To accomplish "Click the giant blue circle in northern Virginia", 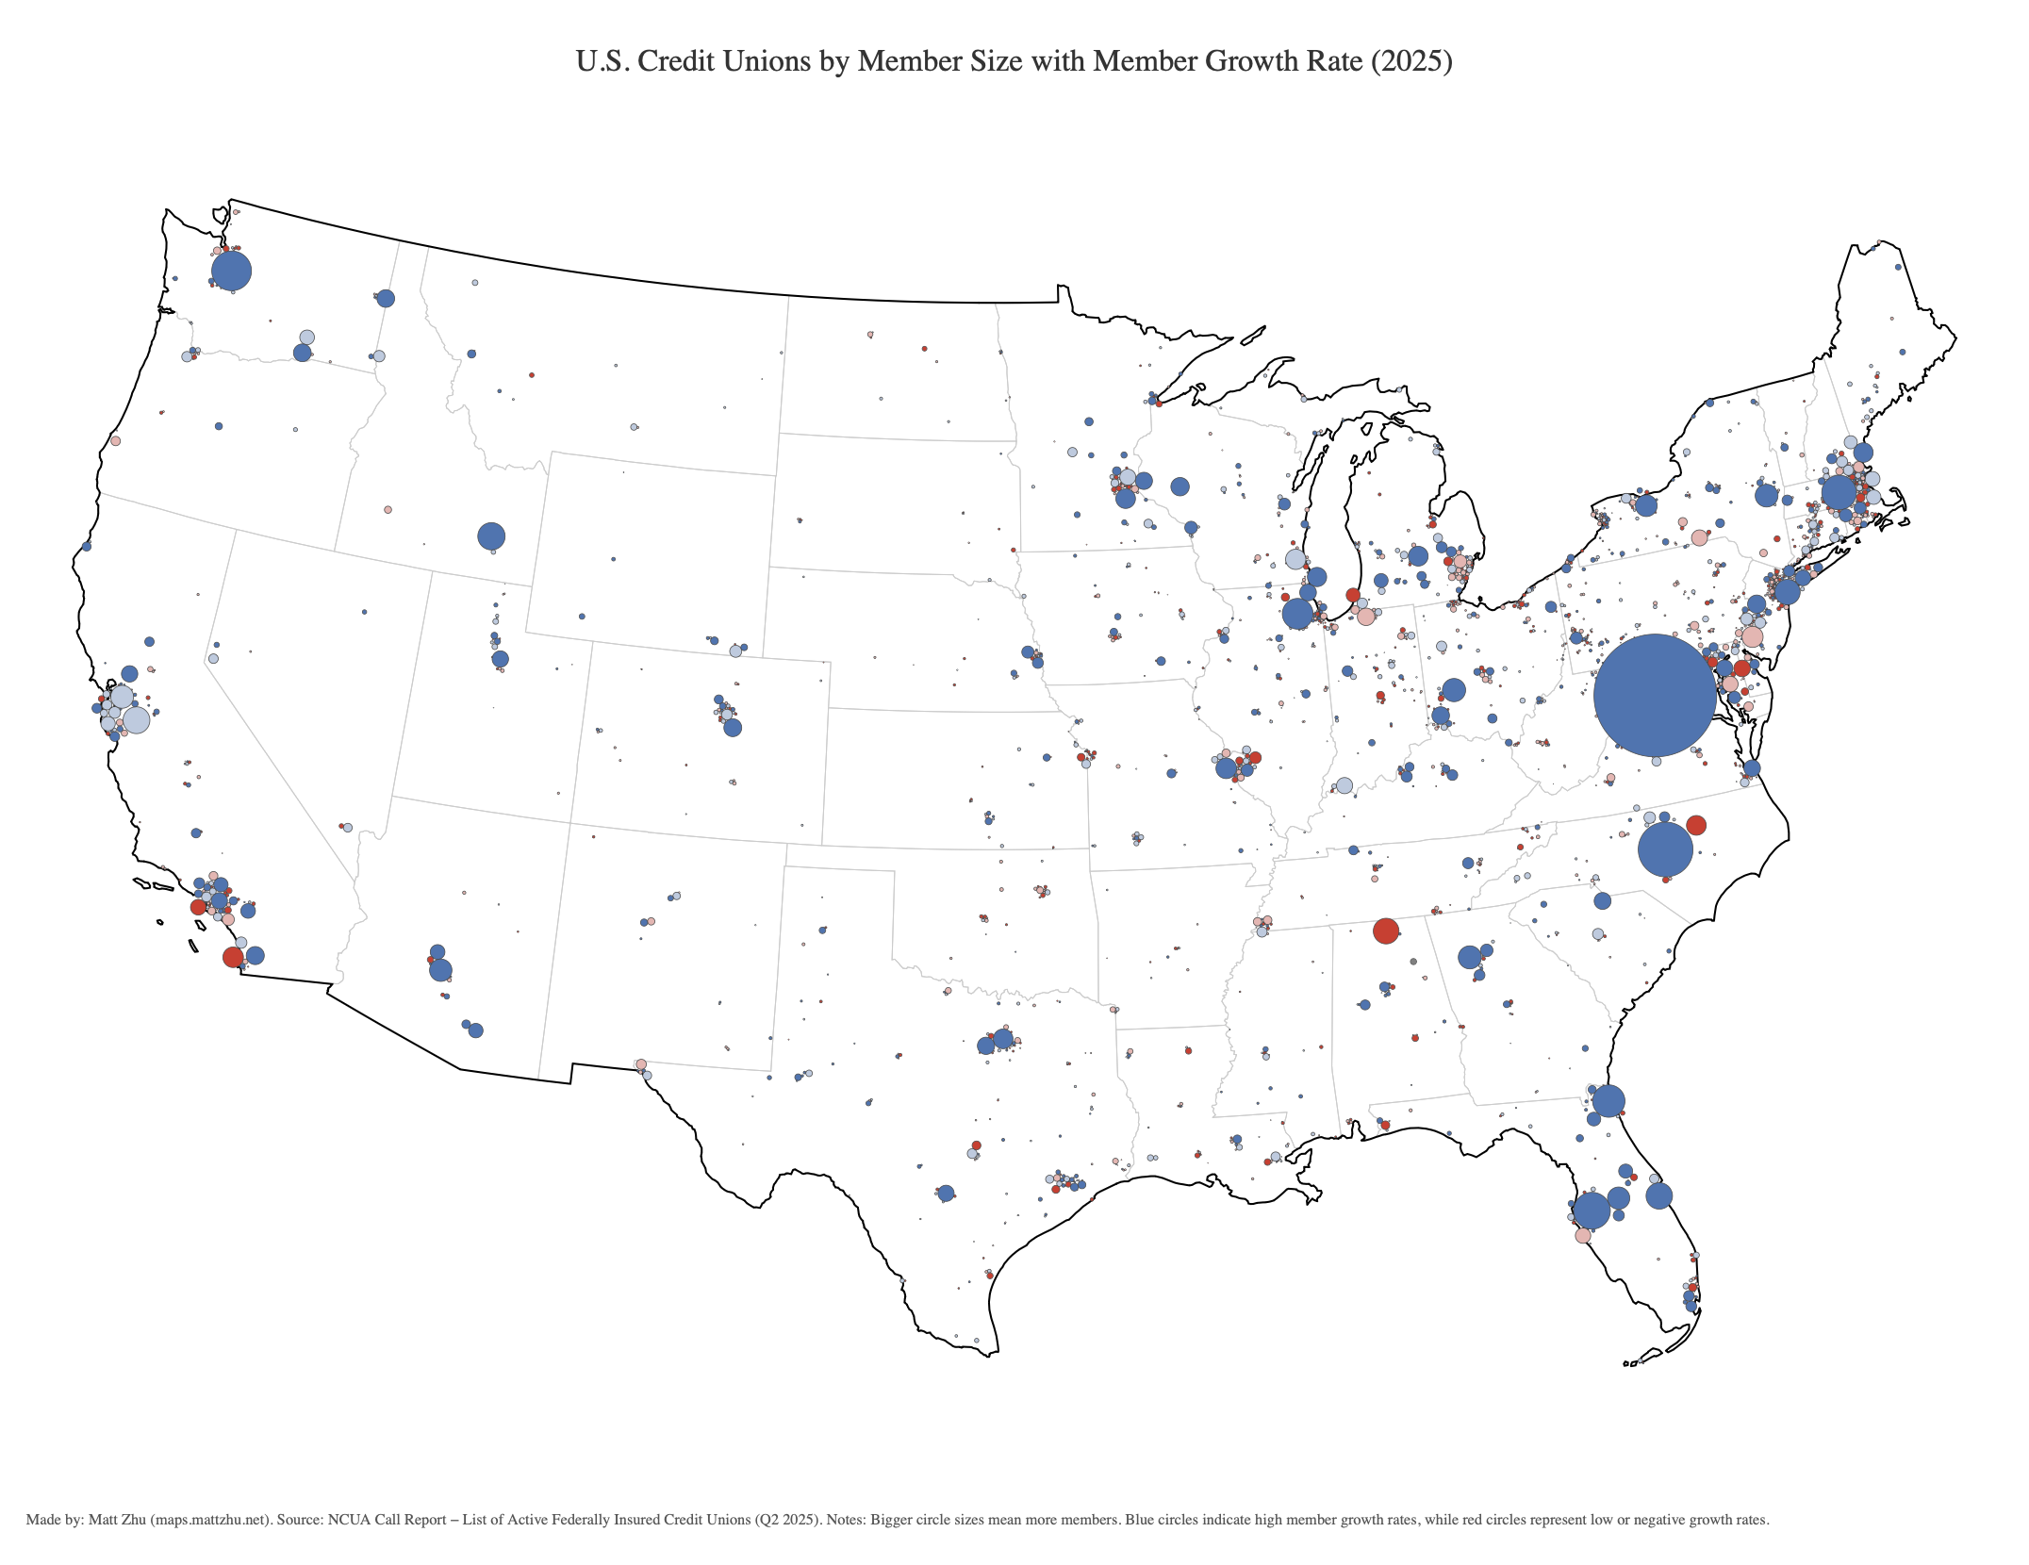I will pyautogui.click(x=1655, y=695).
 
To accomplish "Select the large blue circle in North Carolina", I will pyautogui.click(x=1665, y=849).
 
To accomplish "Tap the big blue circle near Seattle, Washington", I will pyautogui.click(x=231, y=272).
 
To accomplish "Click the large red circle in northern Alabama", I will pyautogui.click(x=1385, y=931).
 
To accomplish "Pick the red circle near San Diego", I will pyautogui.click(x=233, y=957).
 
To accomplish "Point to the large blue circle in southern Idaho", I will pyautogui.click(x=491, y=536).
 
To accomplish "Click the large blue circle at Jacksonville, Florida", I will pyautogui.click(x=1608, y=1100).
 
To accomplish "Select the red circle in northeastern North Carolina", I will pyautogui.click(x=1695, y=825).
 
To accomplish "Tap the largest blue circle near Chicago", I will pyautogui.click(x=1297, y=614).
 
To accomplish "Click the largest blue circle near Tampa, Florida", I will pyautogui.click(x=1591, y=1211).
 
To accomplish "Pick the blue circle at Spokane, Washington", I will pyautogui.click(x=386, y=299).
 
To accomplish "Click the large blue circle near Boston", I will pyautogui.click(x=1838, y=492).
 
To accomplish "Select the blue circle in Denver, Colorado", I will pyautogui.click(x=733, y=728).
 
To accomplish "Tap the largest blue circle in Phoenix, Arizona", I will pyautogui.click(x=440, y=969).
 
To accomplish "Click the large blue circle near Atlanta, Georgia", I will pyautogui.click(x=1469, y=957).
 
